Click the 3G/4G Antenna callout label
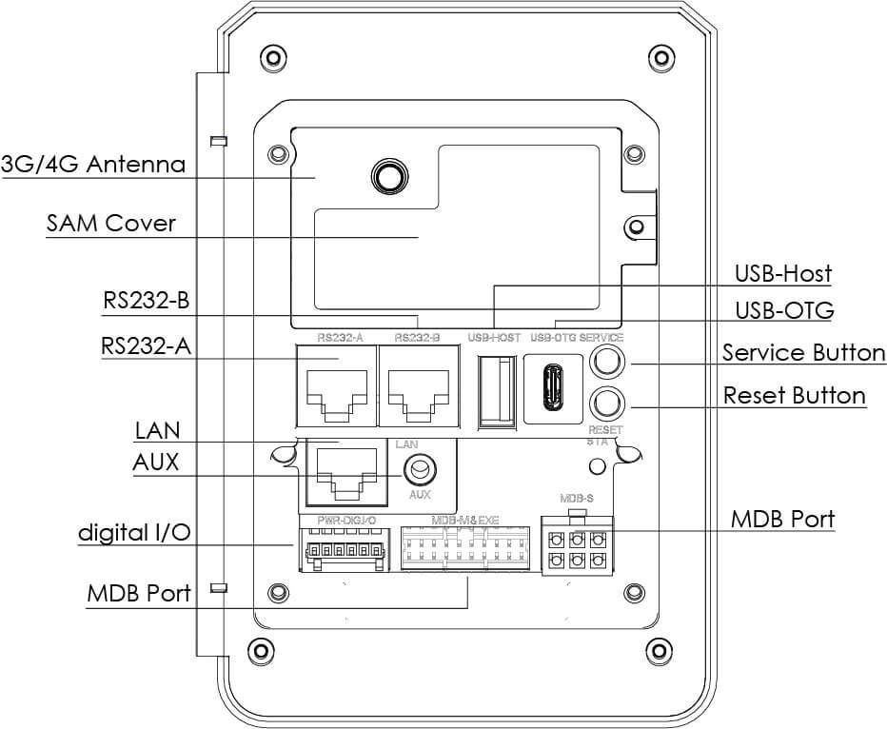coord(92,164)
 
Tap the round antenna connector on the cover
coord(387,175)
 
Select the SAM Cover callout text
coord(110,224)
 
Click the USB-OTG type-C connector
coord(553,389)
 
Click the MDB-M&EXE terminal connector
coord(463,549)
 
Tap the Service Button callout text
coord(803,353)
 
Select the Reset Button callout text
coord(795,395)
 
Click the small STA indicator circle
coord(597,465)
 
